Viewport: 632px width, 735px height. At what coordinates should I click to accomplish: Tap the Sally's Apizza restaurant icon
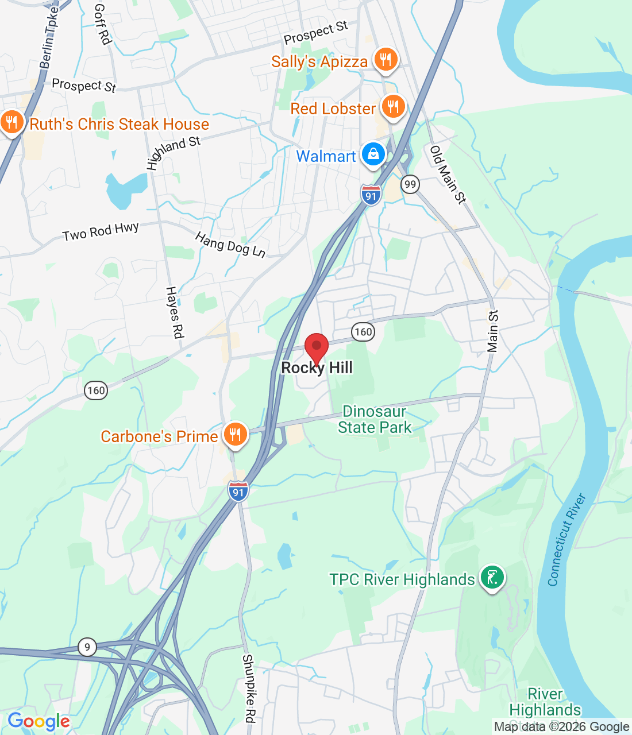point(386,60)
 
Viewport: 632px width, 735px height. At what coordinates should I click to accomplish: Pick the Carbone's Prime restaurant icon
point(235,435)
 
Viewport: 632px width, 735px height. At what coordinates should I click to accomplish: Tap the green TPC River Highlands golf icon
point(492,578)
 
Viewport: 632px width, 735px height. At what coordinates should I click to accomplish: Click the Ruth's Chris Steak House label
point(119,124)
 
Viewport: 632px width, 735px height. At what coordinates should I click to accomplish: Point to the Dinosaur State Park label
point(375,420)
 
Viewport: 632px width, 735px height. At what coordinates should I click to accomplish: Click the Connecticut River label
point(567,540)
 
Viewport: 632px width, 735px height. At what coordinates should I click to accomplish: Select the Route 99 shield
point(410,184)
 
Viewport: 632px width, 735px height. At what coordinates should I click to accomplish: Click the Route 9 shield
point(87,648)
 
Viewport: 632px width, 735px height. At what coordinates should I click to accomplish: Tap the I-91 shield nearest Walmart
point(371,195)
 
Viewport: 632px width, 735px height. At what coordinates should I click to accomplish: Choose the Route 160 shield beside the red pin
point(363,332)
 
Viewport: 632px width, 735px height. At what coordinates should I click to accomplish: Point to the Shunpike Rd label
point(249,688)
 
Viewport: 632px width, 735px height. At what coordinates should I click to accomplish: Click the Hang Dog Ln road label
point(230,245)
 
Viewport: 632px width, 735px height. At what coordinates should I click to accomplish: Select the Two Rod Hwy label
point(101,231)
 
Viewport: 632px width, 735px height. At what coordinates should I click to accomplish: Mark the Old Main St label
point(448,175)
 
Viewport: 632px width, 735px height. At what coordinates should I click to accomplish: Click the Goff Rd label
point(102,24)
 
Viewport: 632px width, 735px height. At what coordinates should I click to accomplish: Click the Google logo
point(38,721)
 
